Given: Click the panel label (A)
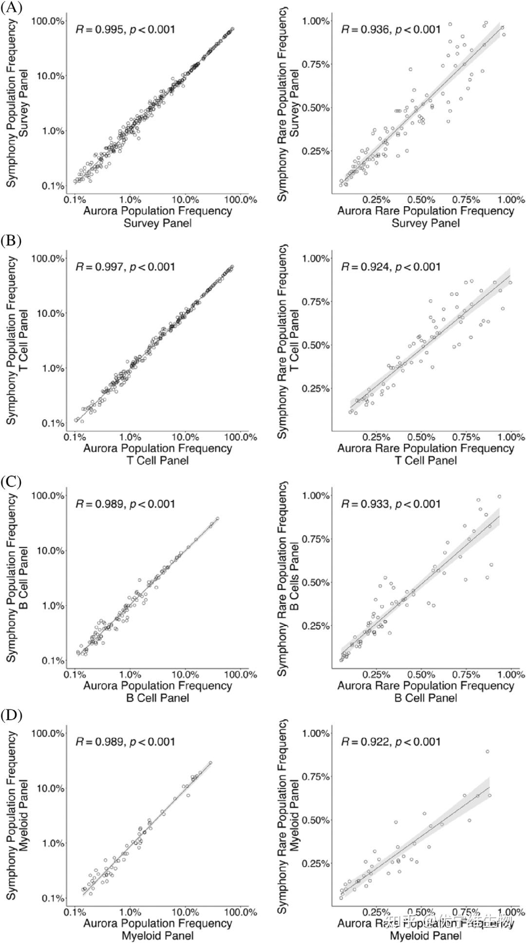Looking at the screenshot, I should [11, 8].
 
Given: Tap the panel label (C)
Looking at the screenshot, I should [11, 482].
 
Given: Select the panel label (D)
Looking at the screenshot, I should [11, 715].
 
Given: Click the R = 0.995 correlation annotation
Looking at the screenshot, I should [125, 29].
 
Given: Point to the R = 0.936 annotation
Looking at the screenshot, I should [391, 29].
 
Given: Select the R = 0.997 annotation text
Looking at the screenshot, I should [125, 267].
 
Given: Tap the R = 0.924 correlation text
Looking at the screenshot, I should [391, 267].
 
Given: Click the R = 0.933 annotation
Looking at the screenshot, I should [391, 504].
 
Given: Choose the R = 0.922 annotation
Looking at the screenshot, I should [391, 742].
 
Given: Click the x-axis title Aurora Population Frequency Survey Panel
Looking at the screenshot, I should [157, 217].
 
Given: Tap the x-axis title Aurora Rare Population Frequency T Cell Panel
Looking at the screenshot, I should [426, 454].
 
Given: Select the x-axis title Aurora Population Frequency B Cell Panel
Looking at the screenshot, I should [157, 691].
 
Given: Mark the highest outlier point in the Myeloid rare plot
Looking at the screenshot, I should [487, 751].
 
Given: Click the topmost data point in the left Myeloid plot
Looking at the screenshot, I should [210, 763].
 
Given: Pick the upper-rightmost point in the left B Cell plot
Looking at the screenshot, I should [217, 518].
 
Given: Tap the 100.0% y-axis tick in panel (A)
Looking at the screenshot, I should [48, 21].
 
